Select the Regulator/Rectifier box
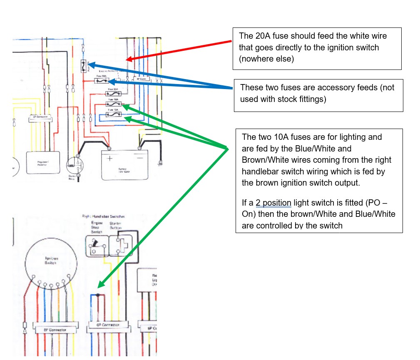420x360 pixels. (39, 162)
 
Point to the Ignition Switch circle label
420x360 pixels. (51, 260)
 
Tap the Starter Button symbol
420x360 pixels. (120, 244)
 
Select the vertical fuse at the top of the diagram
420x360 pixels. (83, 66)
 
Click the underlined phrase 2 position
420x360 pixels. (273, 204)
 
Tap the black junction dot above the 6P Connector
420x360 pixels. (97, 295)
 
